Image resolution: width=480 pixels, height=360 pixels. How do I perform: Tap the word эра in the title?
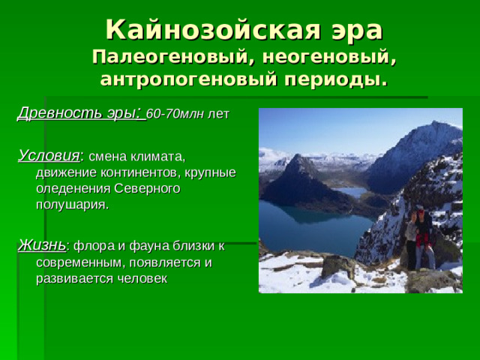pos(350,30)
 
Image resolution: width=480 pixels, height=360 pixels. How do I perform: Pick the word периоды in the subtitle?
pos(334,79)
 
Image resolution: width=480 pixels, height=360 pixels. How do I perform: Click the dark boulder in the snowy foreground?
pos(338,265)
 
